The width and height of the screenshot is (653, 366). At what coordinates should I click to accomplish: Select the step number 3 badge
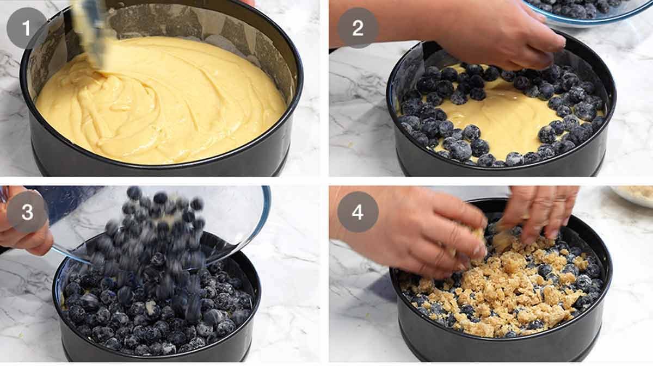27,213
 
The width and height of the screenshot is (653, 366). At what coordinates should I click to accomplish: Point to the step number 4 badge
358,212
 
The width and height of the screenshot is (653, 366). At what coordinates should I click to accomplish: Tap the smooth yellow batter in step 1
163,109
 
